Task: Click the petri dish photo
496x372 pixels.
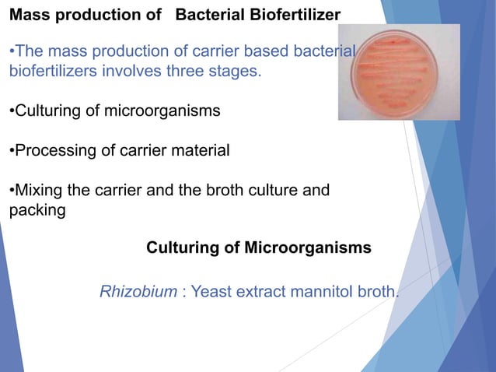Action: pos(398,72)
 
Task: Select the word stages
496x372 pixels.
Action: pos(236,72)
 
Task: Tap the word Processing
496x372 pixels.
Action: pos(51,151)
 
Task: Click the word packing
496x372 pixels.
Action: pos(37,211)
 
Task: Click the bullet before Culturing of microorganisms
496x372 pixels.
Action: pos(11,111)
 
